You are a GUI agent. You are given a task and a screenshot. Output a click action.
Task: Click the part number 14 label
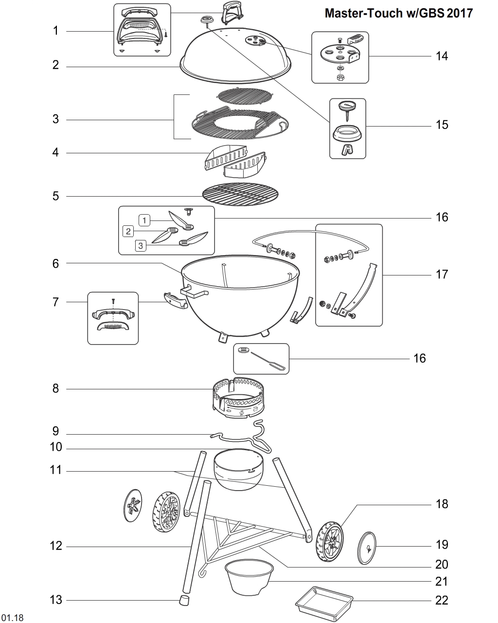pos(442,56)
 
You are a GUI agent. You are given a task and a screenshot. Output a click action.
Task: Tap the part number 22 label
pos(442,601)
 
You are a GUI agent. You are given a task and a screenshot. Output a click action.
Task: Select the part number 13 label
pos(57,600)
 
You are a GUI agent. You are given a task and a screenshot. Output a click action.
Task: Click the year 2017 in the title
pos(460,13)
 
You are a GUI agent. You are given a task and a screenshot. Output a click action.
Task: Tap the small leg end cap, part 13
pos(183,600)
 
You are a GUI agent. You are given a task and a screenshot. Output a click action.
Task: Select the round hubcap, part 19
pos(368,548)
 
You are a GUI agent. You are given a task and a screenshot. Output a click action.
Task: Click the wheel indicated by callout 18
pos(330,542)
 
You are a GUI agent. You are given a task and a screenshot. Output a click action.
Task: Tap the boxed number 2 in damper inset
pos(128,231)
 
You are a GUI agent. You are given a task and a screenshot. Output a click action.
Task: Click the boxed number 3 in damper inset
pos(141,246)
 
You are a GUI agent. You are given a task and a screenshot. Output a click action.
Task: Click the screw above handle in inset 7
pos(112,301)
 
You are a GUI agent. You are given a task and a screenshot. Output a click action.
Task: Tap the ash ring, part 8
pos(238,397)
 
